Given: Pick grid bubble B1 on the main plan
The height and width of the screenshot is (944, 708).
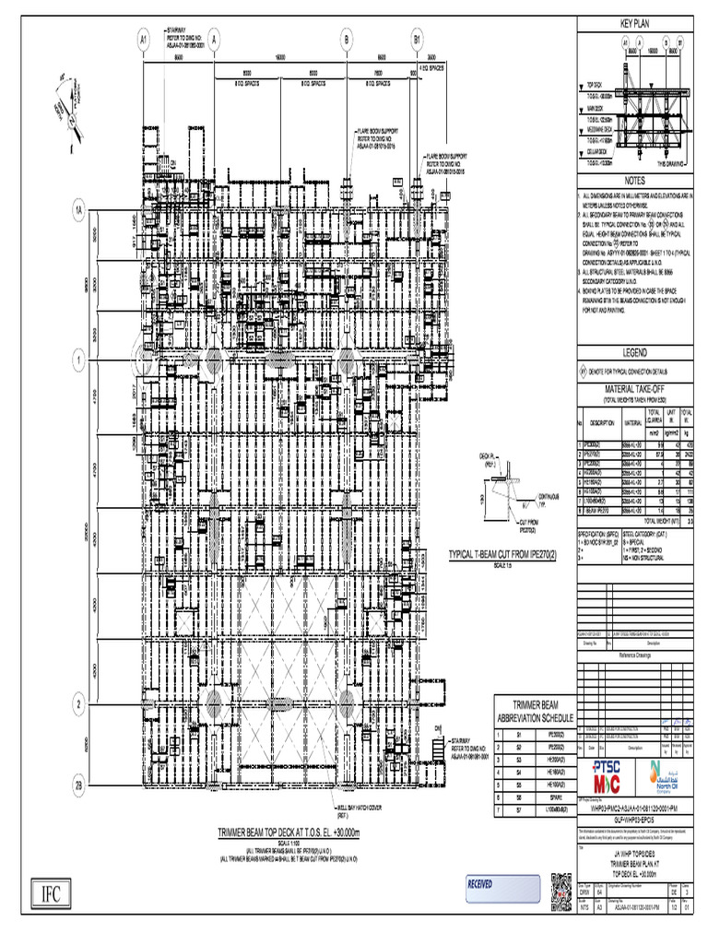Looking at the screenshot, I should [417, 40].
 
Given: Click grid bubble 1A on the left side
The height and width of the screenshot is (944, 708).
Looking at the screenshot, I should [80, 211].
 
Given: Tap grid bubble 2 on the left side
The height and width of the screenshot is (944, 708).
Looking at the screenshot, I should [80, 705].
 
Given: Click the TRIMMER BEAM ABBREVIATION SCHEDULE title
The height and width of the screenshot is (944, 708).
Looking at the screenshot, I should [535, 711].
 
